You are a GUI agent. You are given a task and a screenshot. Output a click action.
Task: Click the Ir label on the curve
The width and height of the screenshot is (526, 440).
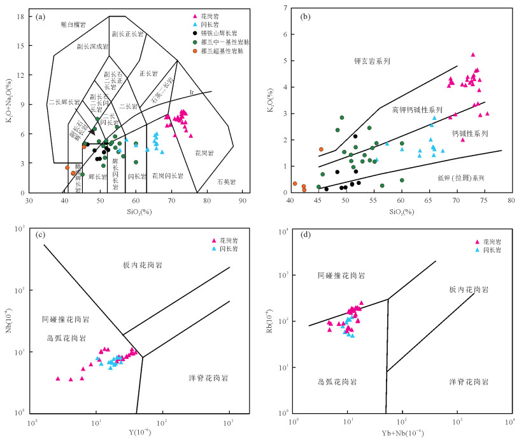tap(192, 93)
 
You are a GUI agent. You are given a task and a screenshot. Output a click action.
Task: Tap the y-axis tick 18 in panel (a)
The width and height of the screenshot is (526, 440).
tap(21, 16)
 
